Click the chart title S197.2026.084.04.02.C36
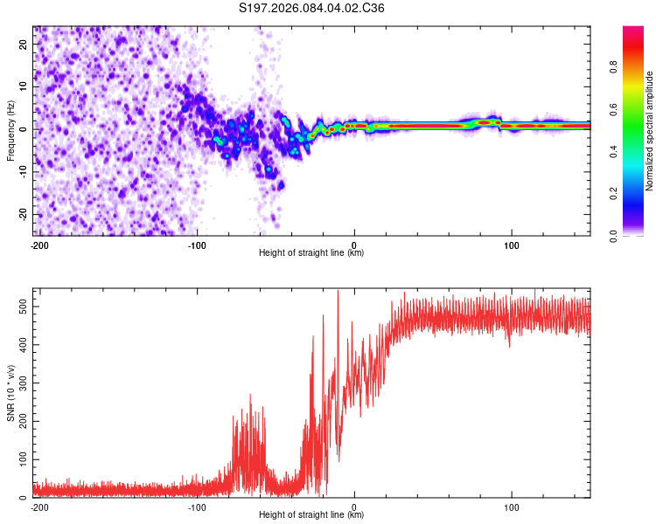click(312, 9)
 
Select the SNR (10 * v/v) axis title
click(10, 393)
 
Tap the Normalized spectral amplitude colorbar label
click(650, 131)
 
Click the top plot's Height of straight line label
click(311, 252)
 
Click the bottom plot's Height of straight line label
click(311, 514)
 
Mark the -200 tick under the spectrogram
click(38, 244)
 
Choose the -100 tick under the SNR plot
click(197, 506)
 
